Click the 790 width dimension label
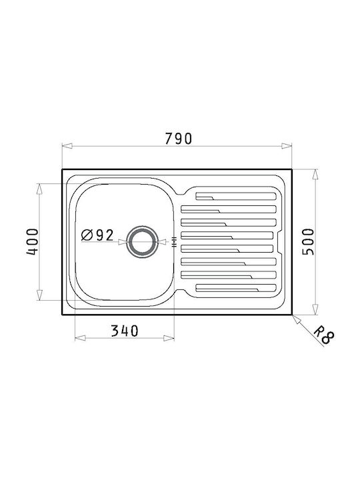(179, 139)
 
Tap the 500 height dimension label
(308, 241)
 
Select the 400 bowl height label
(33, 241)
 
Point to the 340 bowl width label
(125, 331)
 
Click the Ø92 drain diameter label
(97, 235)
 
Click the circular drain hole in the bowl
(143, 242)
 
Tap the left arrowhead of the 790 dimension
(67, 146)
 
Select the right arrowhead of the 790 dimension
(287, 146)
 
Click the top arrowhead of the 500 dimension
(315, 175)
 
